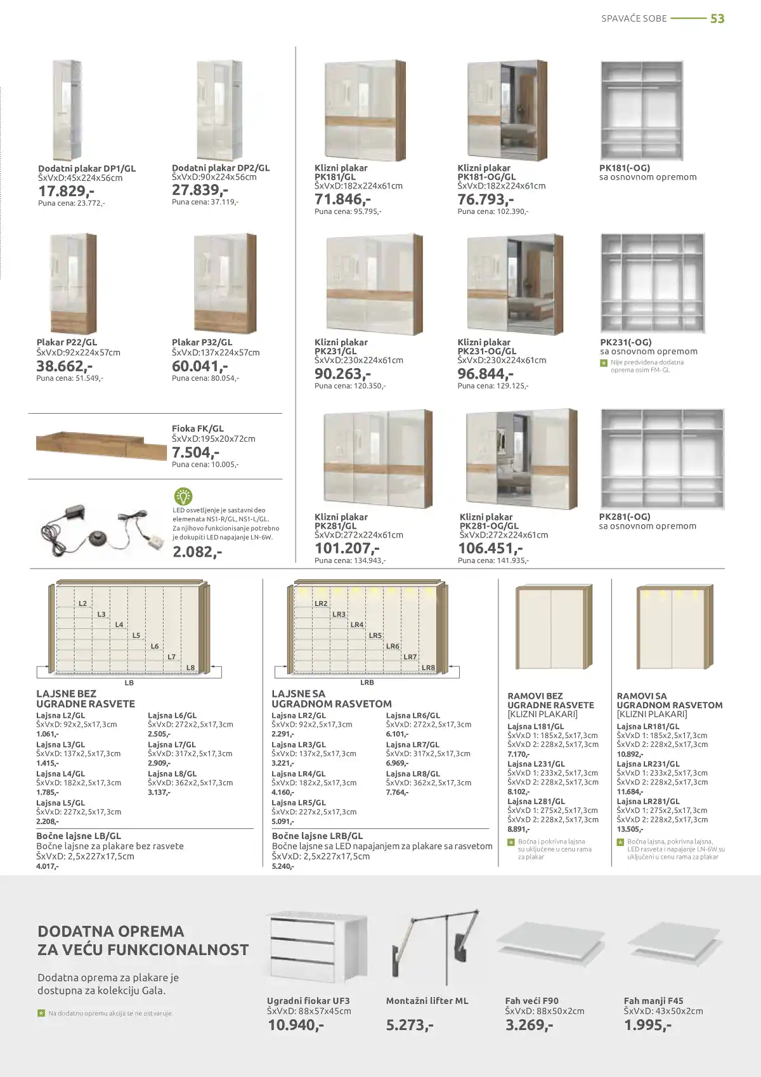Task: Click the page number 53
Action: click(717, 19)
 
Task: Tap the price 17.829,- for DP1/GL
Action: click(67, 191)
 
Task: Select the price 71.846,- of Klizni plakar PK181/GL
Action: click(343, 199)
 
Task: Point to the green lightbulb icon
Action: click(183, 496)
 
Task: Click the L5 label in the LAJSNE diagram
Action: click(136, 635)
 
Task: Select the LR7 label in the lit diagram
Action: click(410, 657)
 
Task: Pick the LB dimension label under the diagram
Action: click(129, 683)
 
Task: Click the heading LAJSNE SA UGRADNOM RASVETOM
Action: click(332, 699)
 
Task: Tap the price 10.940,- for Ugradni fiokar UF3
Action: click(296, 1025)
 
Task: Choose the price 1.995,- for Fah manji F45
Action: click(647, 1025)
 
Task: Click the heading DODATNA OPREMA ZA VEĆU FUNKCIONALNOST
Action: click(143, 941)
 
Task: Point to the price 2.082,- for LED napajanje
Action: click(197, 552)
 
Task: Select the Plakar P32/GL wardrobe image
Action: click(225, 283)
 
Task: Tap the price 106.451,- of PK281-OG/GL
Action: click(490, 548)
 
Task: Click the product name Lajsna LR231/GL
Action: click(647, 764)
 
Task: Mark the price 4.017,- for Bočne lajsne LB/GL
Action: click(48, 866)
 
